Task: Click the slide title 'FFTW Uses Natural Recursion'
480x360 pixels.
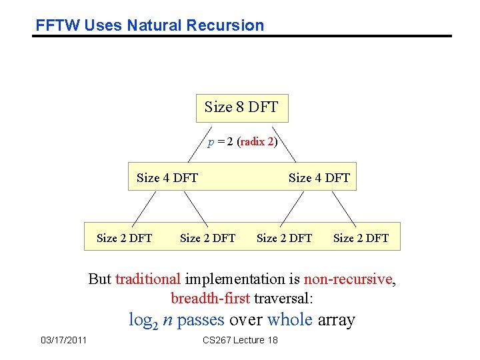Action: (150, 25)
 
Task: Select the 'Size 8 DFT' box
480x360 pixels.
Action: (241, 107)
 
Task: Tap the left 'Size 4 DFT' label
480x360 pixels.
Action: (167, 177)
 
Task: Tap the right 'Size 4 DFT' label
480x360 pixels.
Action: (319, 177)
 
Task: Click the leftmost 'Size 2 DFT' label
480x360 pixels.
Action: (124, 237)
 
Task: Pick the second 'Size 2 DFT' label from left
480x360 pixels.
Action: (207, 237)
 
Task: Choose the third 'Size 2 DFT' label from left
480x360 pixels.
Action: (284, 237)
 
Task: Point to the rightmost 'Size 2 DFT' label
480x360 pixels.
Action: (361, 237)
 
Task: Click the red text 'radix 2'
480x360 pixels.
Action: (257, 142)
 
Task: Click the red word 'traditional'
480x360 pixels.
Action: (147, 279)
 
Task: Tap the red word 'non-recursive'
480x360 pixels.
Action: (349, 279)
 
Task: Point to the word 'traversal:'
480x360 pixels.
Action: (276, 297)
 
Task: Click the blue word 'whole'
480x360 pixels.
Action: (289, 320)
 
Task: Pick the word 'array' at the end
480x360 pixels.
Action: (337, 320)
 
